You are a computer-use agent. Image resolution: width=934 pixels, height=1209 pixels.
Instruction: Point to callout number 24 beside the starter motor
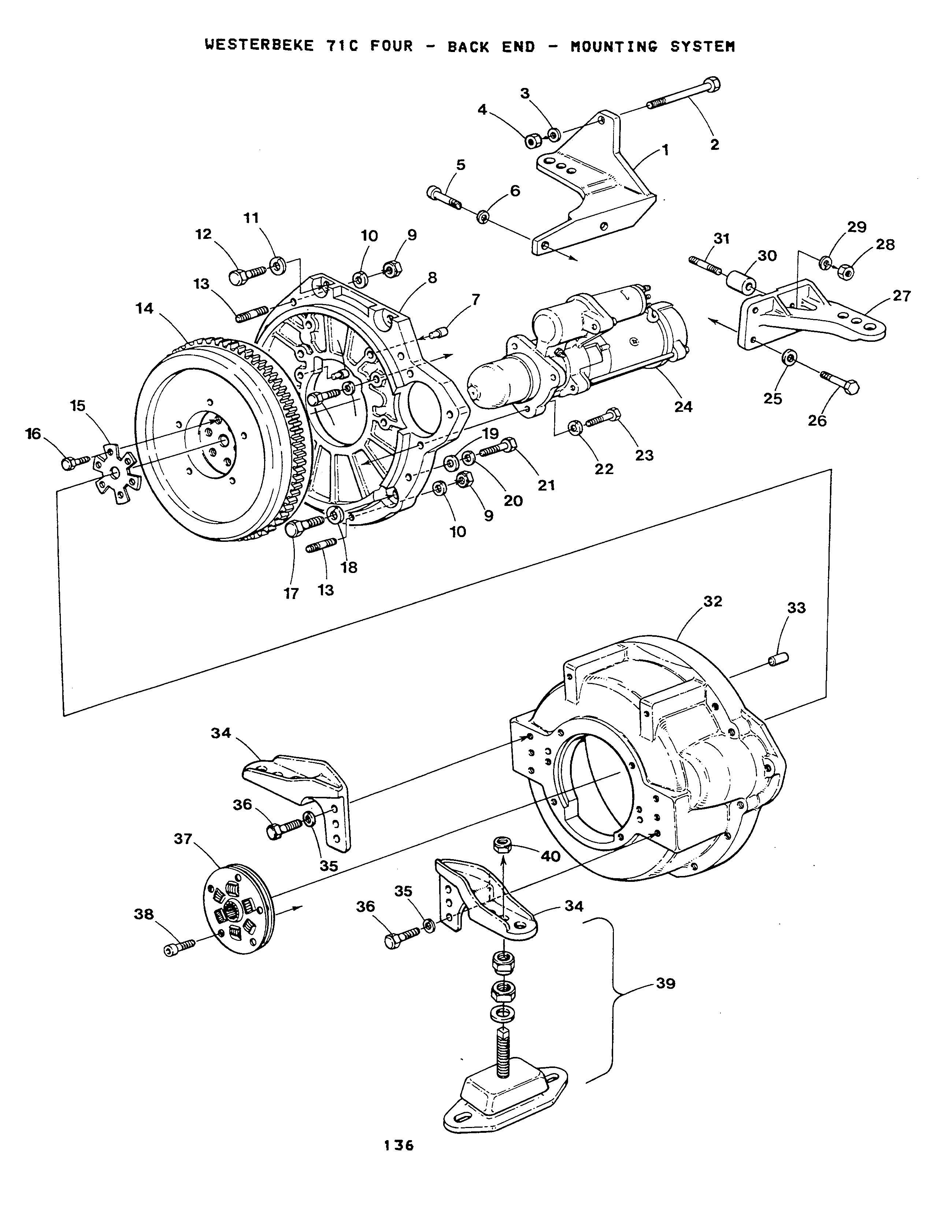click(x=683, y=407)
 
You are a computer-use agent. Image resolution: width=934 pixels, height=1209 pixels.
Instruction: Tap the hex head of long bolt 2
click(x=713, y=84)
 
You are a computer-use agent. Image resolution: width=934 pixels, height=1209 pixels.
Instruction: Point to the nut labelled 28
click(x=845, y=271)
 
